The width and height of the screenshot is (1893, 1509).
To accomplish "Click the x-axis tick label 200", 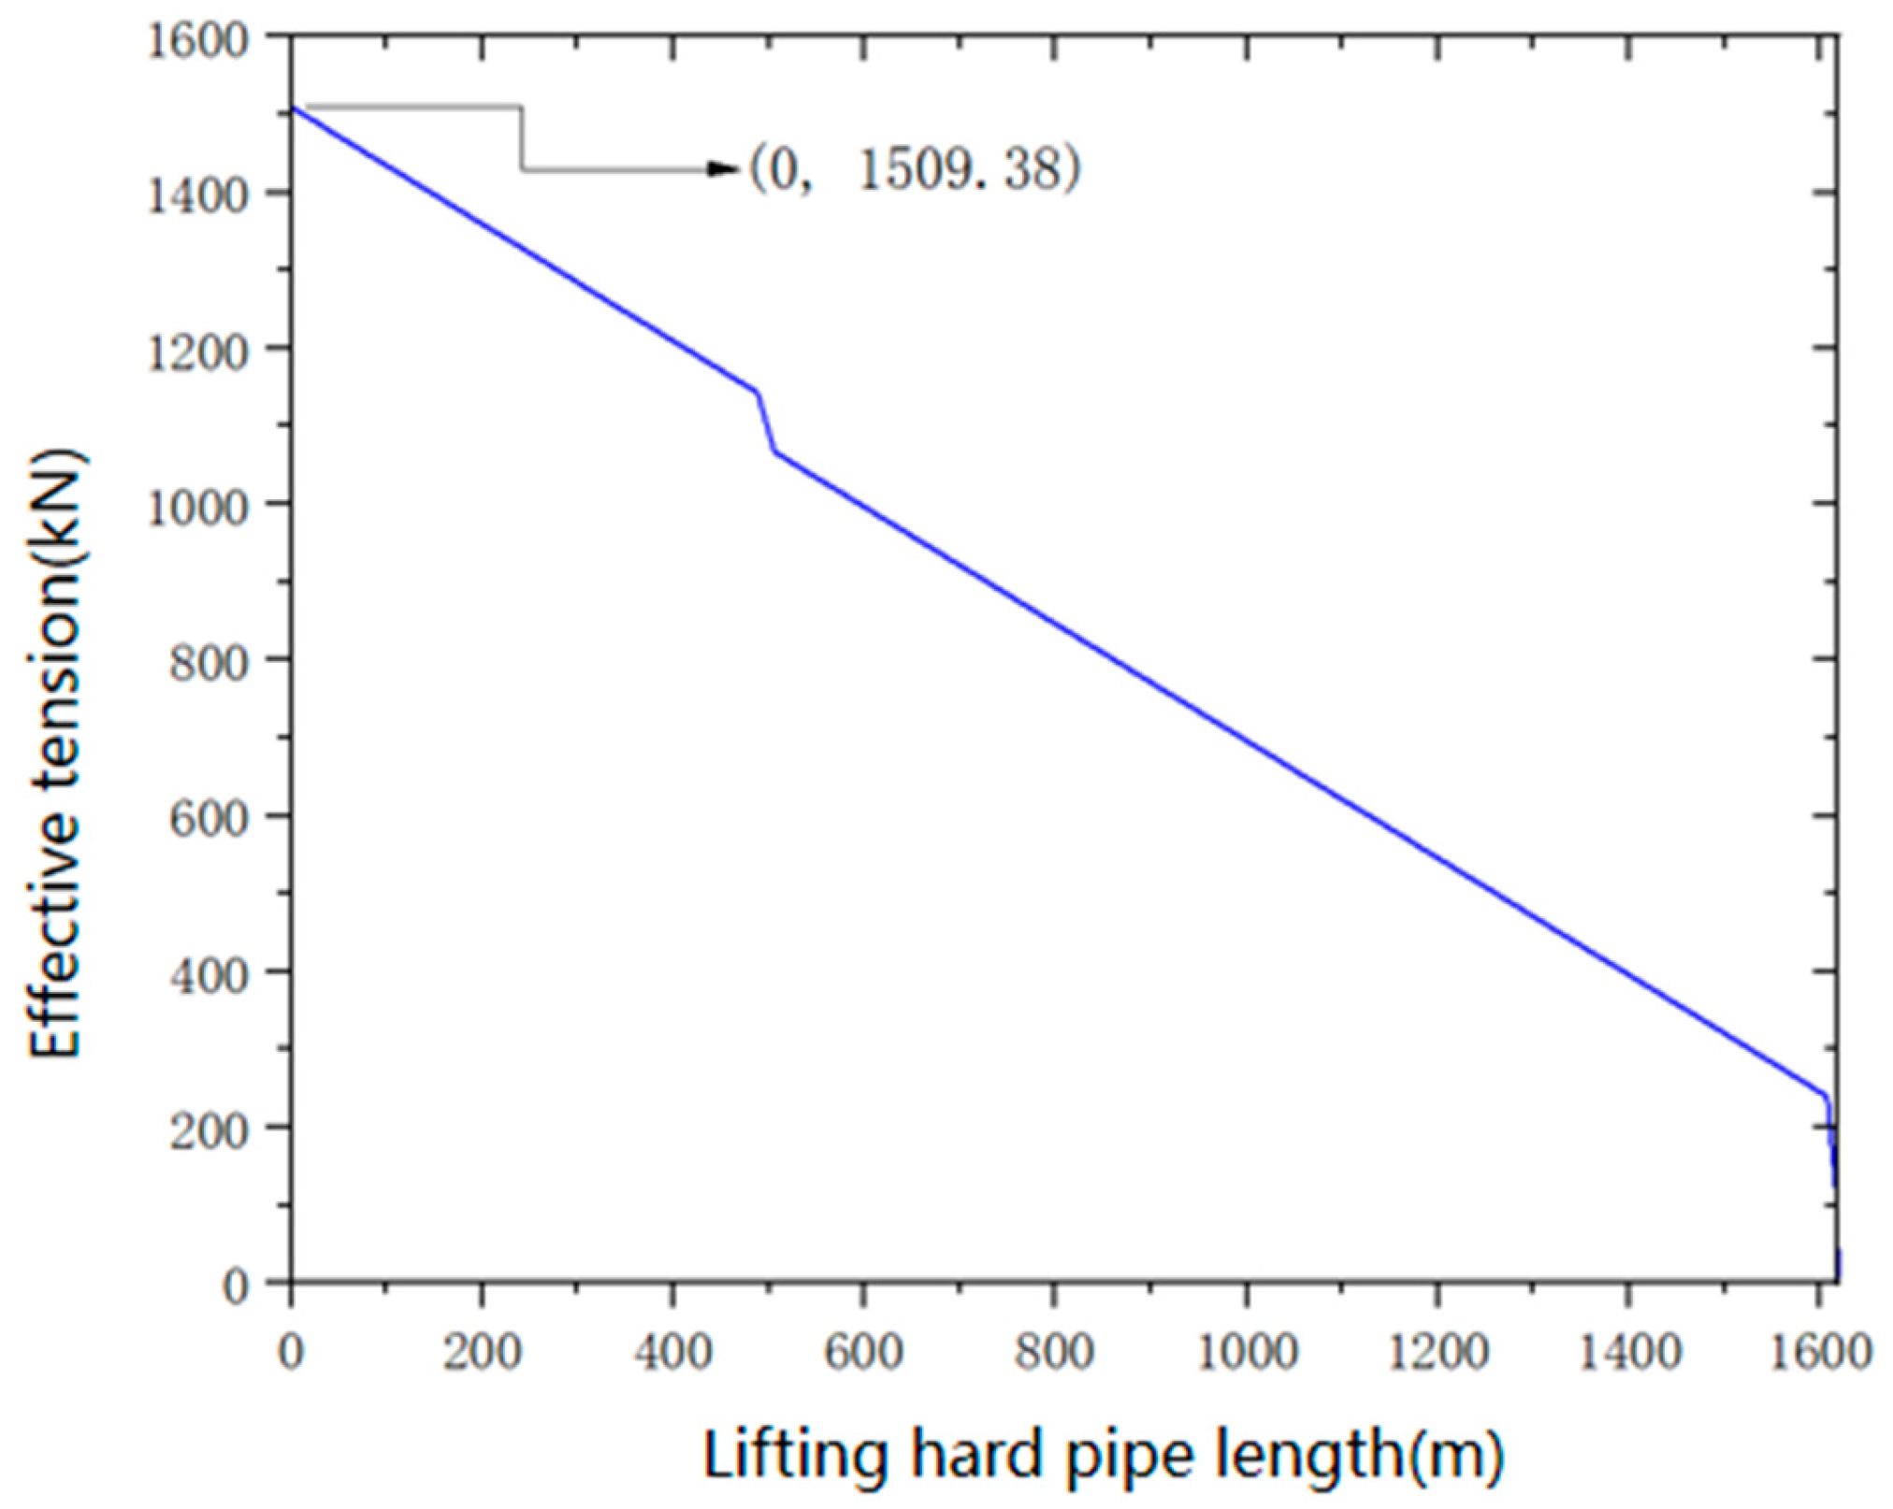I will (x=481, y=1353).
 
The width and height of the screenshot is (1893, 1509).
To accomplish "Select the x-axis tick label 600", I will (x=862, y=1353).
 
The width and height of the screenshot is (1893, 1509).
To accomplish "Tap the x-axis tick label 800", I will (x=1054, y=1353).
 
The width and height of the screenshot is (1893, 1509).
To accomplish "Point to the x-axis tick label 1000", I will (x=1248, y=1353).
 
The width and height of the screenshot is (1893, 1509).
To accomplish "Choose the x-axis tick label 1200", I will (x=1438, y=1353).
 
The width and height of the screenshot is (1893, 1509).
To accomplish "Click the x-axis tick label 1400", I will (x=1629, y=1353).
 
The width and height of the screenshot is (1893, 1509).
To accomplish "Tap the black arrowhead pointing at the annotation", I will (x=724, y=169).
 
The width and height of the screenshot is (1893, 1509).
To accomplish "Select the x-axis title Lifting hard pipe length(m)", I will (x=1104, y=1455).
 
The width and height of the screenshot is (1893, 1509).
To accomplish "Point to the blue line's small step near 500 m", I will (x=765, y=423).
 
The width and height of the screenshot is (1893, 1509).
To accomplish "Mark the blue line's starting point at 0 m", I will (x=293, y=108).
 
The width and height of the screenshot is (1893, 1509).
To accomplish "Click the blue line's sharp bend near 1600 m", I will (x=1826, y=1096).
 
